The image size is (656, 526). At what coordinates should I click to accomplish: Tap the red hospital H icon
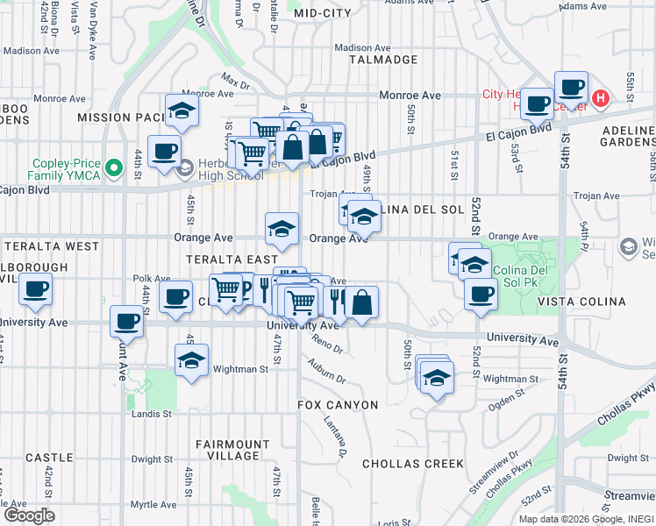[x=601, y=98]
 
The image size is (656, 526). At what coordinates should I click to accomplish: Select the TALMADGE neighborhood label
[x=383, y=60]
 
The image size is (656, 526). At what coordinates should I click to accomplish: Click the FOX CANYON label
[x=338, y=405]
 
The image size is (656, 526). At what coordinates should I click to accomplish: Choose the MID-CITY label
[x=322, y=13]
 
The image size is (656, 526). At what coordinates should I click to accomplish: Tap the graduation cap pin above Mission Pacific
[x=182, y=111]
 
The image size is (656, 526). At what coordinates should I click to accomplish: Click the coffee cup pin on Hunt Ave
[x=126, y=323]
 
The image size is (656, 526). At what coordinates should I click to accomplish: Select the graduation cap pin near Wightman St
[x=191, y=360]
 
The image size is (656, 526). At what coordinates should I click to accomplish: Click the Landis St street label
[x=153, y=414]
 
